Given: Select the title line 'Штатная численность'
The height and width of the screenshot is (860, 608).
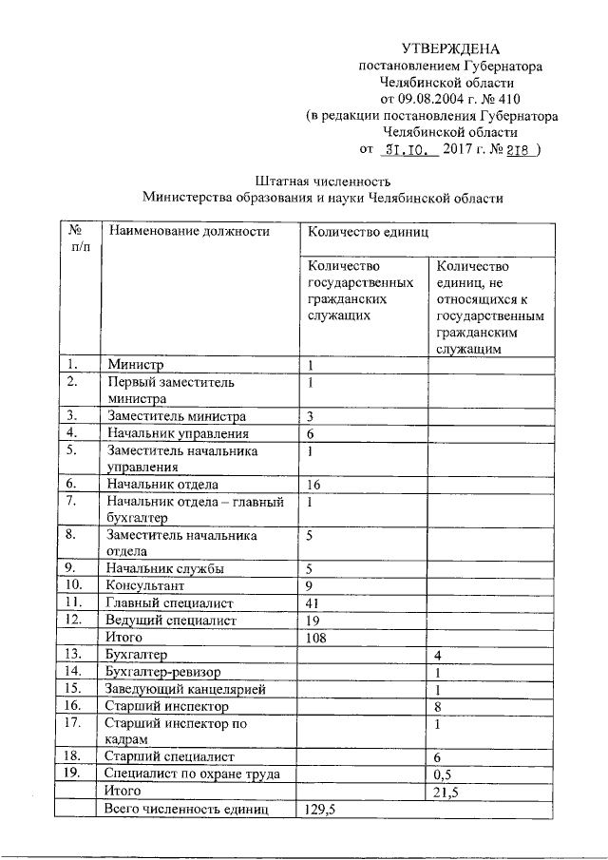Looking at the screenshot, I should (x=323, y=182).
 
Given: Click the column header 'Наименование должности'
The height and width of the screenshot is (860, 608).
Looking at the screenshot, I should (x=188, y=231).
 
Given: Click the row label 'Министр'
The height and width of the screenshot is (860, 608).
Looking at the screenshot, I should (x=136, y=365).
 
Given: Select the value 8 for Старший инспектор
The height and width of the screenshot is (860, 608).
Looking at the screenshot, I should (x=437, y=706).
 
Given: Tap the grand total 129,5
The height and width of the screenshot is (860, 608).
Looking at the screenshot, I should (x=321, y=809).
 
